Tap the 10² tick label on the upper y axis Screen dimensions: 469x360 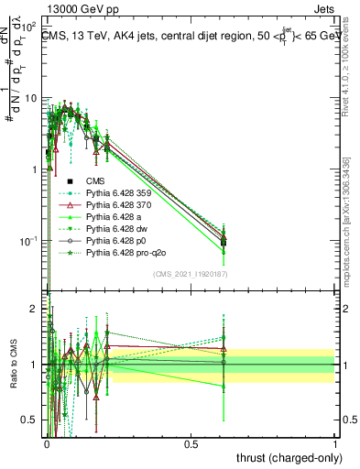tap(27, 27)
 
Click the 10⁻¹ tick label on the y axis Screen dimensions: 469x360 tap(27, 240)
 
